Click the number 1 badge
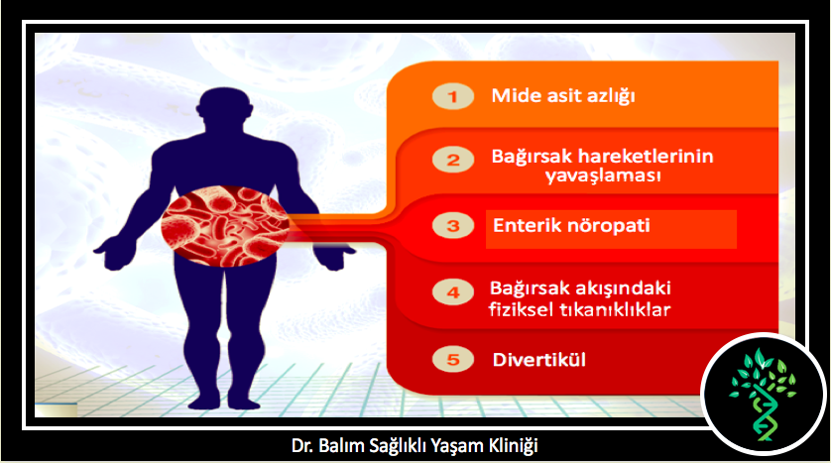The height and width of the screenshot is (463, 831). click(452, 96)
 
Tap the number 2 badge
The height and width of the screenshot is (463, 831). click(452, 160)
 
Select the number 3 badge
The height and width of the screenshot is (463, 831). click(452, 226)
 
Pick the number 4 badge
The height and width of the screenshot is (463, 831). click(452, 292)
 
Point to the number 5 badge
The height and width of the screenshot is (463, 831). click(452, 360)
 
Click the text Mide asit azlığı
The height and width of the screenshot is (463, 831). click(563, 96)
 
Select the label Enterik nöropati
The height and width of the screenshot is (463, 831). click(571, 226)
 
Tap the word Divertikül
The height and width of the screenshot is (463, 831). click(539, 360)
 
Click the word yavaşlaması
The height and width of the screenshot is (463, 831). click(603, 175)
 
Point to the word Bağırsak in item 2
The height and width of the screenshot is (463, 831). click(532, 157)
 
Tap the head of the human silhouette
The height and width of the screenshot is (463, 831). click(224, 109)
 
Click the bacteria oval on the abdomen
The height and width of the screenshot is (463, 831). click(225, 226)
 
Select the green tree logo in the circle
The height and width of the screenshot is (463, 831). click(763, 395)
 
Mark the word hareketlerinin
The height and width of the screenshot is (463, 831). click(645, 157)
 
